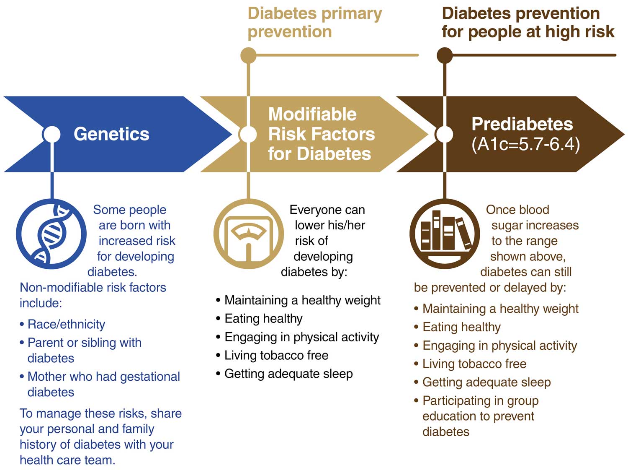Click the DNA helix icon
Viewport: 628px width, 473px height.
pyautogui.click(x=51, y=234)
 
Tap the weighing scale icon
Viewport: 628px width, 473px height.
pyautogui.click(x=249, y=234)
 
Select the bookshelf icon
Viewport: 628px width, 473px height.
pyautogui.click(x=445, y=234)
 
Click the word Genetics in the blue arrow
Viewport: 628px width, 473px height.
pyautogui.click(x=112, y=134)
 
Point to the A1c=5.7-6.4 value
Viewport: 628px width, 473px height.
pyautogui.click(x=526, y=144)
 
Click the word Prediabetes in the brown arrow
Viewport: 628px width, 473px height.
pyautogui.click(x=522, y=124)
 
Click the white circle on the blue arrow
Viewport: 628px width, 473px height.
pyautogui.click(x=51, y=134)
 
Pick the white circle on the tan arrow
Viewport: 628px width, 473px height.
pyautogui.click(x=248, y=134)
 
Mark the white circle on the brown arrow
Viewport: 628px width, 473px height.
pyautogui.click(x=444, y=134)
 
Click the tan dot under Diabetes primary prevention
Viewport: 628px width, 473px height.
pyautogui.click(x=248, y=55)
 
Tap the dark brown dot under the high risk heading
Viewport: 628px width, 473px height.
pyautogui.click(x=445, y=55)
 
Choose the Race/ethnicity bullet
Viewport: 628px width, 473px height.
pyautogui.click(x=62, y=325)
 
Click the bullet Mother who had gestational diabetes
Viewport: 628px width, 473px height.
pyautogui.click(x=100, y=385)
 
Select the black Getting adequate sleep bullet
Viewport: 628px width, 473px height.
pyautogui.click(x=284, y=374)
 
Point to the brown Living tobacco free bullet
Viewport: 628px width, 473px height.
pyautogui.click(x=470, y=364)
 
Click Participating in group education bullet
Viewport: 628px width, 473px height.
pyautogui.click(x=476, y=416)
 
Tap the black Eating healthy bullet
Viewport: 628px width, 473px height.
pyautogui.click(x=259, y=319)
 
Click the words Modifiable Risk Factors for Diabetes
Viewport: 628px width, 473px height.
pyautogui.click(x=322, y=134)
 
